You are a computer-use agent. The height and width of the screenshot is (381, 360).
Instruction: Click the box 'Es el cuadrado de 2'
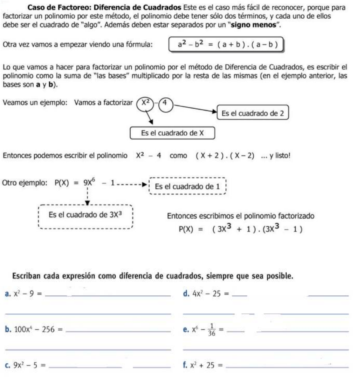(x=253, y=113)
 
